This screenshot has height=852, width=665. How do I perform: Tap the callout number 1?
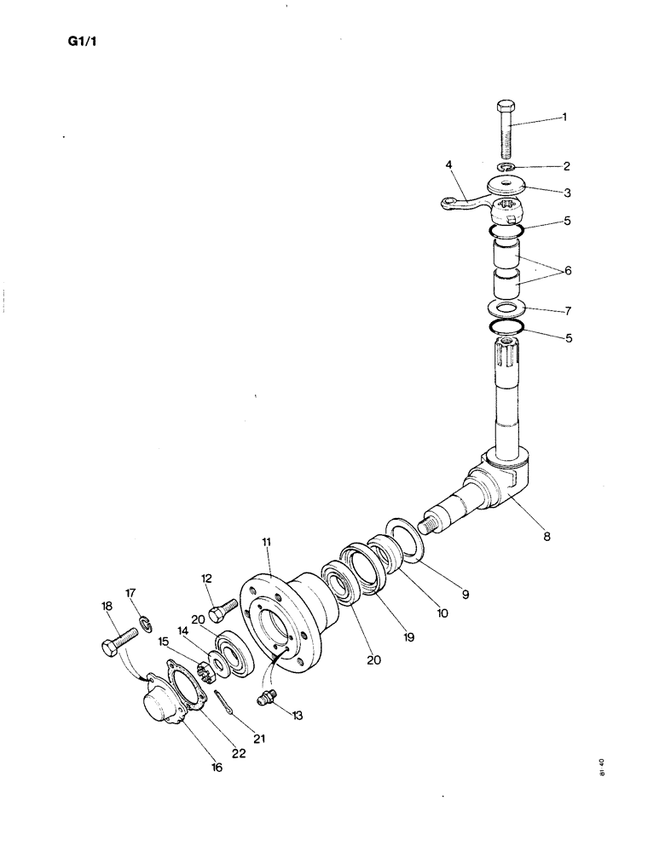tap(564, 117)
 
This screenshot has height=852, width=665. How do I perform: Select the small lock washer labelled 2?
tap(506, 166)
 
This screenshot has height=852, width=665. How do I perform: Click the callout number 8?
tap(546, 537)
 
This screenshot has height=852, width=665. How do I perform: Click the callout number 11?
tap(267, 541)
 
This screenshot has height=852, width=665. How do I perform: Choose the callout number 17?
tap(130, 592)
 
